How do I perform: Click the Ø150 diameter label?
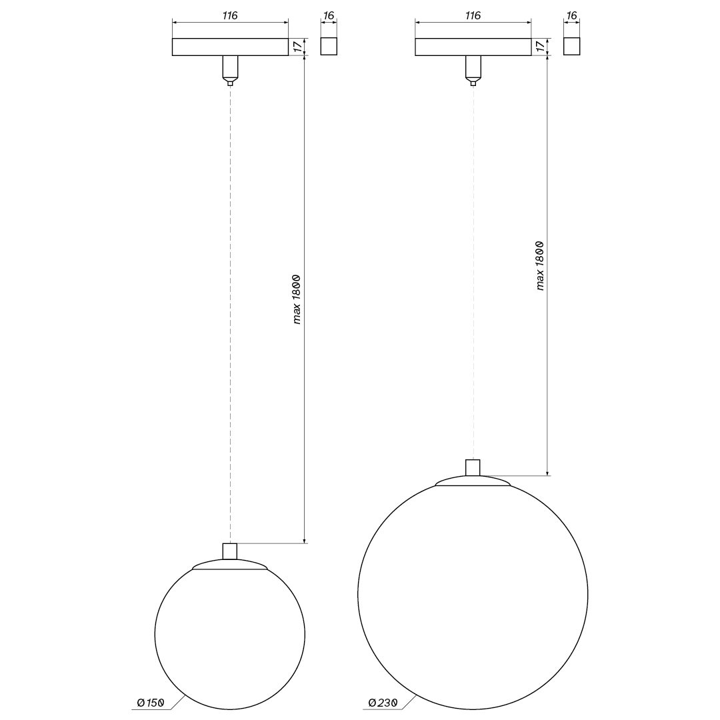tap(151, 703)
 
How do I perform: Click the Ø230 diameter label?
tap(383, 703)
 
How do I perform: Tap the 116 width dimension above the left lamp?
tap(230, 15)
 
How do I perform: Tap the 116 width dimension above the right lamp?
tap(473, 15)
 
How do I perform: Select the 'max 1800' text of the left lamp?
tap(297, 299)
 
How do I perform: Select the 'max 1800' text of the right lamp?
tap(540, 265)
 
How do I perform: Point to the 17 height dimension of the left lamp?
tap(297, 47)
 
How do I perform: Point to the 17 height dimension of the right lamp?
tap(539, 47)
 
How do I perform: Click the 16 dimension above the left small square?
tap(328, 15)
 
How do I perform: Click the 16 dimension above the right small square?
tap(571, 15)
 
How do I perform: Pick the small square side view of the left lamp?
tap(329, 47)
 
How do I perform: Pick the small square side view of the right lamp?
tap(571, 47)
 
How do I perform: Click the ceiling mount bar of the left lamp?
tap(230, 47)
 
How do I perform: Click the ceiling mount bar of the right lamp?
tap(473, 47)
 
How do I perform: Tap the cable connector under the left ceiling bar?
tap(230, 69)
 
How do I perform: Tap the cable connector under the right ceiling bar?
tap(473, 69)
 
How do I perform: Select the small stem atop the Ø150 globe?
tap(230, 551)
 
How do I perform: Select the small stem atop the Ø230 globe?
tap(473, 467)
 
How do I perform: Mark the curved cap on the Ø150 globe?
tap(230, 565)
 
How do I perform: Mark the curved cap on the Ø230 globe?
tap(473, 481)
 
